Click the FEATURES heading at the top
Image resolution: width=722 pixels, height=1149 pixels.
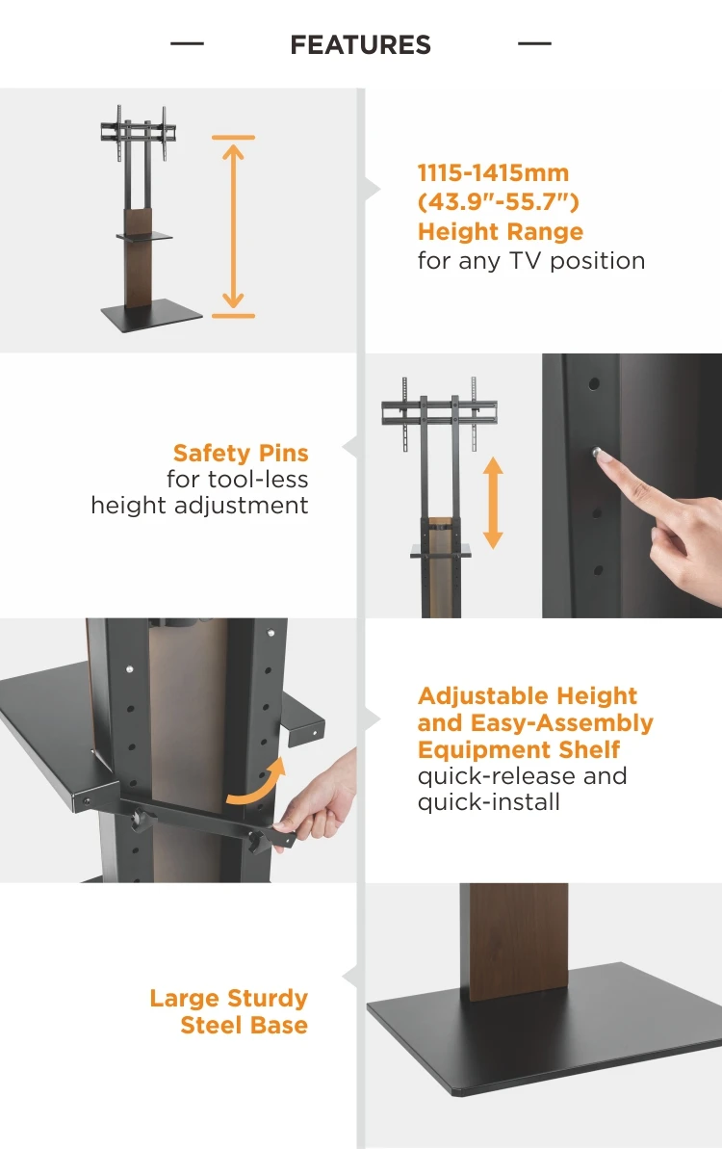tap(360, 45)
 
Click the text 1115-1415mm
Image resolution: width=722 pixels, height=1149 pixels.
tap(493, 173)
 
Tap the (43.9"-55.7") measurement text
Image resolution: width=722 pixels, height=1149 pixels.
tap(498, 202)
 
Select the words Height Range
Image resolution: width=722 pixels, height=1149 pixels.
tap(500, 232)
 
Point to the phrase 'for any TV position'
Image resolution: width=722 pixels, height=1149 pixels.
tap(530, 261)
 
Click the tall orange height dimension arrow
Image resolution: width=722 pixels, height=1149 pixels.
tap(233, 226)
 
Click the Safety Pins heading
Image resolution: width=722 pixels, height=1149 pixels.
tap(241, 453)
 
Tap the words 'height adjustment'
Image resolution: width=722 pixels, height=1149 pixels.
tap(199, 506)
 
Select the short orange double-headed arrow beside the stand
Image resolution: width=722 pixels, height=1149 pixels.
tap(493, 503)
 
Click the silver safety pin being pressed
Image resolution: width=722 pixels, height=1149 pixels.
tap(599, 453)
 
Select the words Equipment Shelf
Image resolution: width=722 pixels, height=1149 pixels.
tap(519, 750)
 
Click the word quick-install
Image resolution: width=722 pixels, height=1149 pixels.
tap(488, 802)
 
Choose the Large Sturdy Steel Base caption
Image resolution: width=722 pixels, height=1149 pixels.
tap(229, 1011)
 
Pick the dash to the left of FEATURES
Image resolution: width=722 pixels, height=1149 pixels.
tap(187, 44)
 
